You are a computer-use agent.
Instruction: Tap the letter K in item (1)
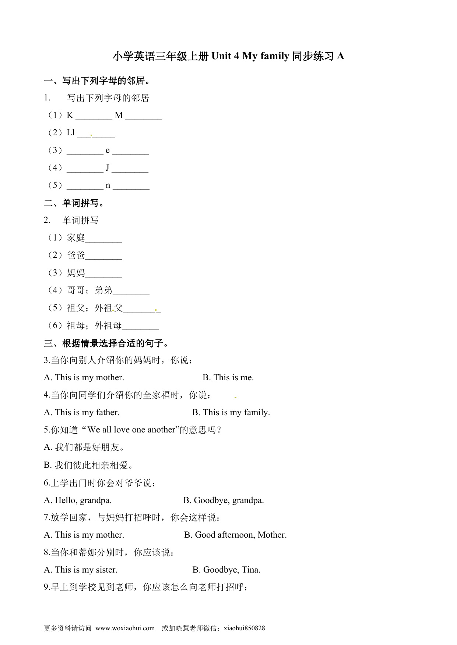tap(70, 115)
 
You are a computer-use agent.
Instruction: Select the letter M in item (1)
tap(119, 115)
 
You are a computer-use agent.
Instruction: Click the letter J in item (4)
tap(108, 168)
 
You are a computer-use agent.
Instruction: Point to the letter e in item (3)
tap(108, 150)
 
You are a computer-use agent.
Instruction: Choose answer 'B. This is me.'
tap(228, 378)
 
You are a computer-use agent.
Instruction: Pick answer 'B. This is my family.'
tap(231, 413)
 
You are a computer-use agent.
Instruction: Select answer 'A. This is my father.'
tap(82, 413)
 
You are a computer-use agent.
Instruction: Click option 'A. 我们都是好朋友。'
tap(85, 448)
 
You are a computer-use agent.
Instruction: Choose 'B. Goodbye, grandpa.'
tap(224, 500)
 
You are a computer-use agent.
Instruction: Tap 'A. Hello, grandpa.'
tap(78, 500)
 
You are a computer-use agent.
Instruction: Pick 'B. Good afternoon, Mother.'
tap(235, 535)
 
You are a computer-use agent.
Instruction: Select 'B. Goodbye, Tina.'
tap(226, 570)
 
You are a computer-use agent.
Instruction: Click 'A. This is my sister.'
tap(81, 570)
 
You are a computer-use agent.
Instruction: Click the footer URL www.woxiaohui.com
tap(125, 628)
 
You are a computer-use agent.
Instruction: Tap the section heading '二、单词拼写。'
tap(74, 203)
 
